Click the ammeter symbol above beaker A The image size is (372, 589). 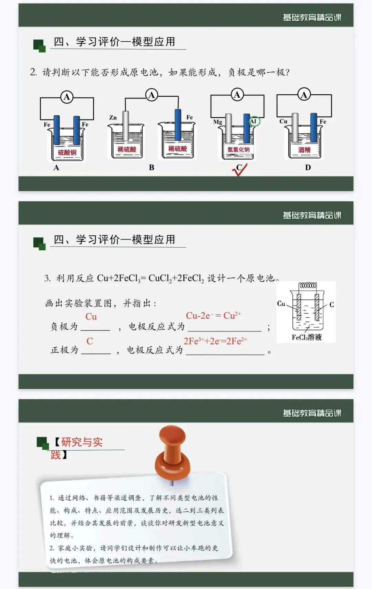tap(67, 97)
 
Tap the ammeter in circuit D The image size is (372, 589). tap(304, 95)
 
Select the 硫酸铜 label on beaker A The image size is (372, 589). tap(67, 152)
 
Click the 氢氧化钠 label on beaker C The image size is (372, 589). tap(238, 149)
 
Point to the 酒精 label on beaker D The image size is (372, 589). tap(304, 150)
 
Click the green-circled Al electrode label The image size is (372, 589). tap(254, 121)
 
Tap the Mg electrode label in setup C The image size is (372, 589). tap(217, 122)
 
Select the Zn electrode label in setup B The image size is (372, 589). tap(113, 118)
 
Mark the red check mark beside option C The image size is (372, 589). tap(240, 170)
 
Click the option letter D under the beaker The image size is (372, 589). tap(308, 168)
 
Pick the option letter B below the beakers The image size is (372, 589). tap(152, 168)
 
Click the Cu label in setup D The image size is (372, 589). tap(283, 122)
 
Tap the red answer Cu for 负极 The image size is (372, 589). tap(91, 317)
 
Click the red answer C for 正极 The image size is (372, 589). tap(90, 341)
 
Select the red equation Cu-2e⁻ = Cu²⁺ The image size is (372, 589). tap(213, 316)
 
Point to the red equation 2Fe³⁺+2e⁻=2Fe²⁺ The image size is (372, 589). tap(215, 341)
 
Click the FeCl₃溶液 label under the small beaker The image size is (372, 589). tap(307, 337)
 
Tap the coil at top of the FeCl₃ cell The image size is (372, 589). tap(308, 285)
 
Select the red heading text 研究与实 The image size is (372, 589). tap(82, 442)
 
